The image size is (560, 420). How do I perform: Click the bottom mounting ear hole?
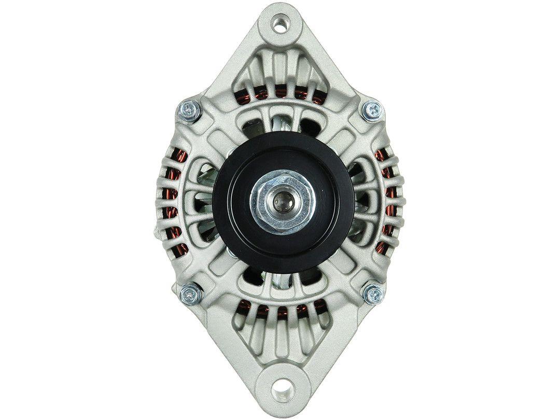click(x=281, y=387)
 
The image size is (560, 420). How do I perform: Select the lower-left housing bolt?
click(x=189, y=295)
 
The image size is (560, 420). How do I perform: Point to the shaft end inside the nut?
click(x=281, y=199)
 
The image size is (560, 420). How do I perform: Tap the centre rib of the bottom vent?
click(x=281, y=332)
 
